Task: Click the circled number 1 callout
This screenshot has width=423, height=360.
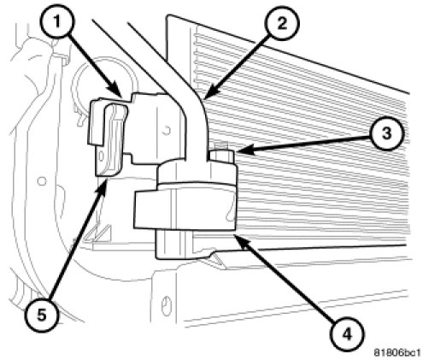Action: [57, 21]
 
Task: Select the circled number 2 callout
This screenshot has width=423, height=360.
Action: [281, 24]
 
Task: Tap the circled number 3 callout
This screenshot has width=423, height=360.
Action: [387, 133]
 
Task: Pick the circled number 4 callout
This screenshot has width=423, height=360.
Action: [347, 334]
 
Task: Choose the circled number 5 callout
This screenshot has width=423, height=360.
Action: [42, 316]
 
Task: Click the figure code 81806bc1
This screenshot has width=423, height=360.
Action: [397, 352]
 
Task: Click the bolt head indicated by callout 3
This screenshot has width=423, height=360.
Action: [221, 156]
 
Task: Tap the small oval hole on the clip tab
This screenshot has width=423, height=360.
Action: [100, 156]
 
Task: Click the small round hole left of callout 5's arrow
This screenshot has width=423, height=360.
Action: [42, 180]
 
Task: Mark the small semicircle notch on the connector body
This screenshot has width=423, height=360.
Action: [167, 131]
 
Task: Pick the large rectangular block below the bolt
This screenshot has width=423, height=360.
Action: [185, 210]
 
